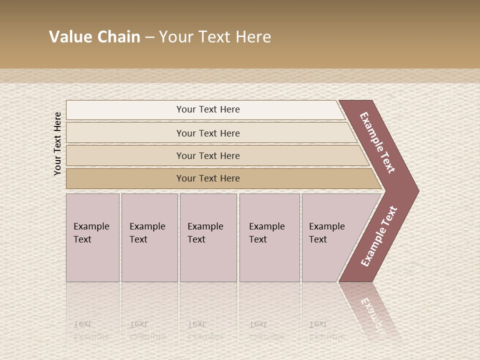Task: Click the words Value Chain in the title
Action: pyautogui.click(x=94, y=37)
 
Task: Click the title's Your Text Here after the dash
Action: pyautogui.click(x=215, y=37)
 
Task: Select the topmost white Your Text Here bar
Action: pyautogui.click(x=208, y=109)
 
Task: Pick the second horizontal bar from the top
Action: pyautogui.click(x=208, y=133)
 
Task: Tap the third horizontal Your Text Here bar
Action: pyautogui.click(x=208, y=155)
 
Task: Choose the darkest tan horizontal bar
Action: pyautogui.click(x=208, y=178)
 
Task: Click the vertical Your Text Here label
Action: pyautogui.click(x=57, y=143)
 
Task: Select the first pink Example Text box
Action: pyautogui.click(x=92, y=237)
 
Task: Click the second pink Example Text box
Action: pyautogui.click(x=149, y=237)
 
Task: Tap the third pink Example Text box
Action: pyautogui.click(x=208, y=237)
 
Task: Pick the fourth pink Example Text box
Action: pyautogui.click(x=269, y=237)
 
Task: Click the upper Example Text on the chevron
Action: pyautogui.click(x=377, y=142)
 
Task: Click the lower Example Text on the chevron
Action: pyautogui.click(x=378, y=236)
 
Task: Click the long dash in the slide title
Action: pyautogui.click(x=149, y=37)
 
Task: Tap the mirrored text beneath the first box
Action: pyautogui.click(x=91, y=330)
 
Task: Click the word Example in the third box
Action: pyautogui.click(x=205, y=226)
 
